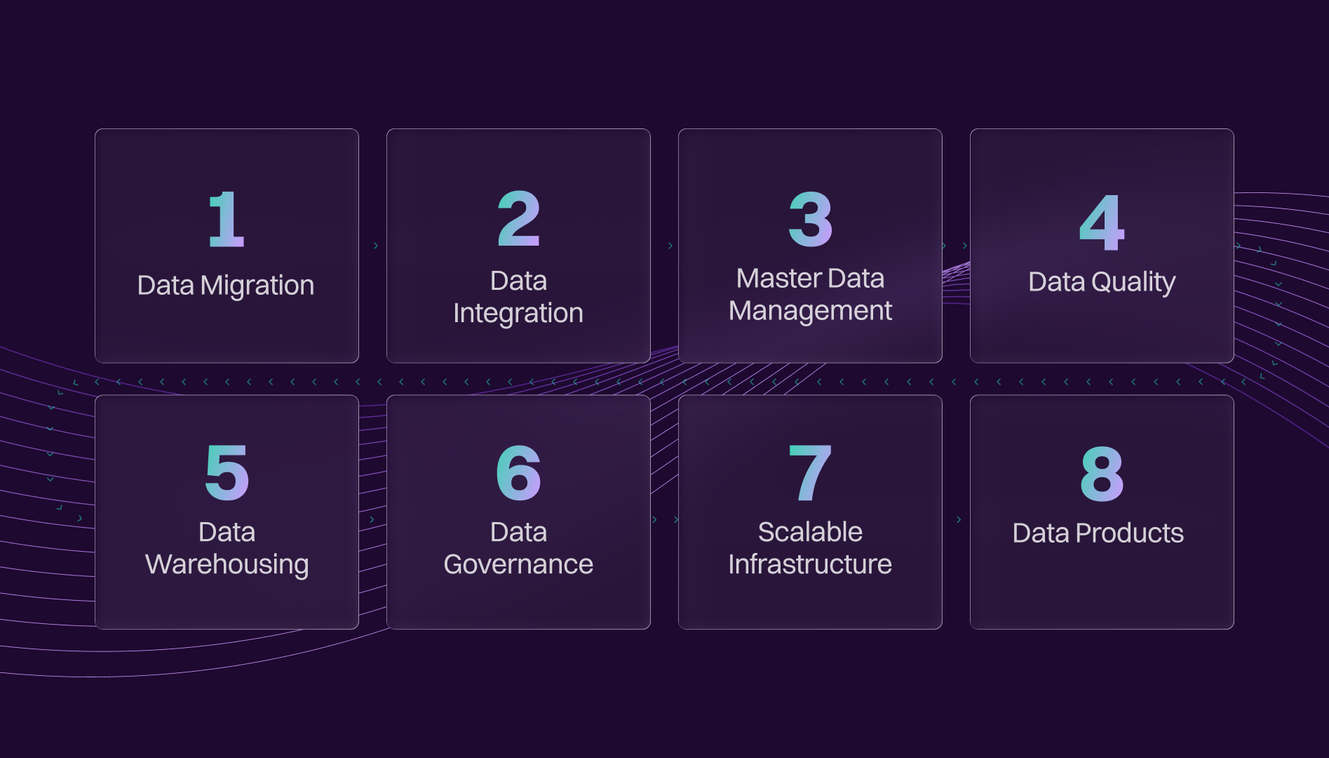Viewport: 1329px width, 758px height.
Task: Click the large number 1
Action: tap(227, 219)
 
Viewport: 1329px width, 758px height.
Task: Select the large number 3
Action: tap(811, 219)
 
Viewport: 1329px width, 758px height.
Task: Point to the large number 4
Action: tap(1102, 222)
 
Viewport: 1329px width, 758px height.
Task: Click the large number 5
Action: tap(227, 472)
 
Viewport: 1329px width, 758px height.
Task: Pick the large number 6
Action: tap(519, 472)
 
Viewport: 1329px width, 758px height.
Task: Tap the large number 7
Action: tap(810, 473)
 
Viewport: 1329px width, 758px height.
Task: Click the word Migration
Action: tap(257, 286)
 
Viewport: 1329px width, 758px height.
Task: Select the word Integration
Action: tap(518, 314)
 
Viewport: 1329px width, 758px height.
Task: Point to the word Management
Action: tap(810, 311)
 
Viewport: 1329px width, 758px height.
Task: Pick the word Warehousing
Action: tap(227, 565)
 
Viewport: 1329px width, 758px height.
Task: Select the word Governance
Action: tap(518, 564)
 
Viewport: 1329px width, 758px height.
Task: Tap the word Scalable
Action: tap(810, 532)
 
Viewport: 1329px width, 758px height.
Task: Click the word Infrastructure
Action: tap(810, 564)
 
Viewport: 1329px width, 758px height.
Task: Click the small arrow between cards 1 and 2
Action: tap(376, 246)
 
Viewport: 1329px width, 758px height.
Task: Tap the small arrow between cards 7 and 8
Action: tap(959, 519)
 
